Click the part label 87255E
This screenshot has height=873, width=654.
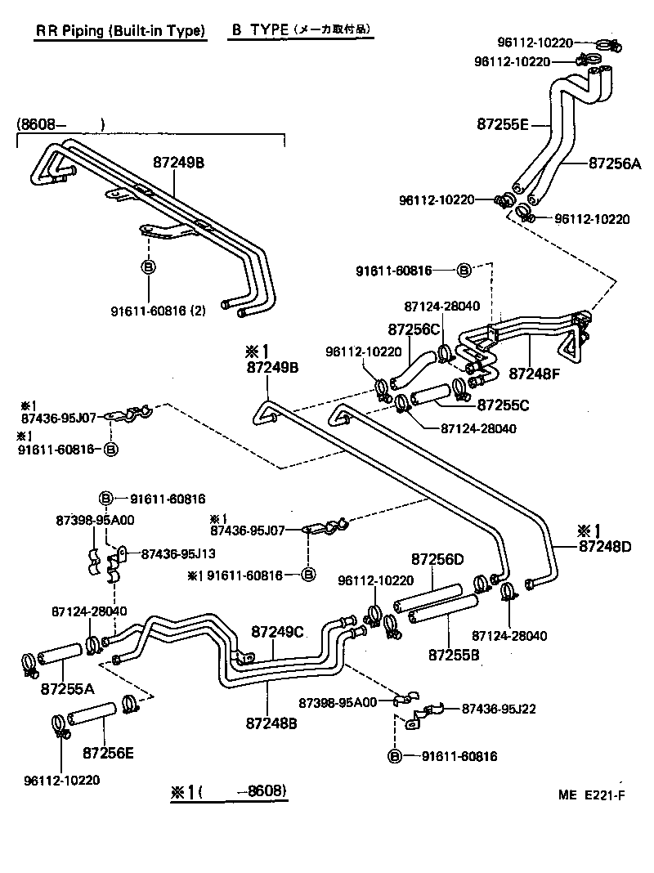(503, 124)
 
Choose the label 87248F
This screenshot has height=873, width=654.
(535, 374)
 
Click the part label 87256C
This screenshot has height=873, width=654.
(414, 329)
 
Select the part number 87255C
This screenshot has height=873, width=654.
(504, 405)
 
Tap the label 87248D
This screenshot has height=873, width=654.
(605, 545)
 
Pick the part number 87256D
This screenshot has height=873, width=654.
(437, 559)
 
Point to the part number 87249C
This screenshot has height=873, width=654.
(277, 631)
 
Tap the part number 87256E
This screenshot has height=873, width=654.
(107, 751)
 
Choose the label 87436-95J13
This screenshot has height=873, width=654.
(179, 553)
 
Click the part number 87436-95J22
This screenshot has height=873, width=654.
(499, 709)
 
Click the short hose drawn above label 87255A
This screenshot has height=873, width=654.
(58, 653)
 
